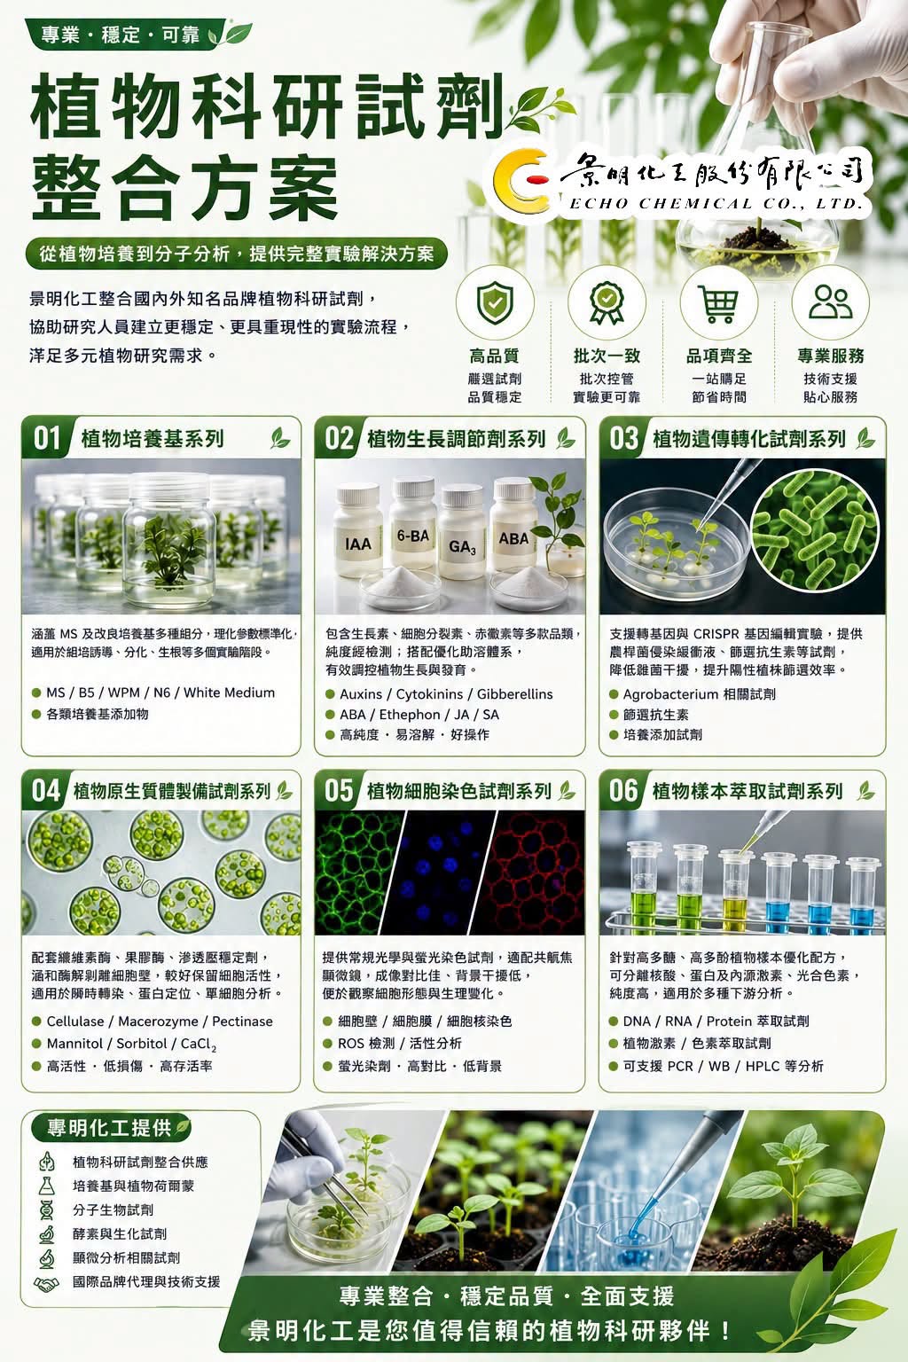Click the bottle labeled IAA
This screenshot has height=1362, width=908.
point(357,532)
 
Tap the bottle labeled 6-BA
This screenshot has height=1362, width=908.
point(413,526)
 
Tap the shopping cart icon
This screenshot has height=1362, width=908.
point(719,303)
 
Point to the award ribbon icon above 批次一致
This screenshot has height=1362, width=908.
point(607,303)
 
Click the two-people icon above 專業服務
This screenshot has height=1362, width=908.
point(831,302)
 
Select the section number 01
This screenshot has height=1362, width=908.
point(47,438)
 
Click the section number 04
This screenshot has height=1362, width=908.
point(46,791)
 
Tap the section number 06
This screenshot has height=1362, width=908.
point(623,791)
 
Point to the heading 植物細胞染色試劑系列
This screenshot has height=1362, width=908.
point(458,791)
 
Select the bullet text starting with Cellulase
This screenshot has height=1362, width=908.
point(160,1021)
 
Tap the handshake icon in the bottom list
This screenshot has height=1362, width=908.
point(46,1281)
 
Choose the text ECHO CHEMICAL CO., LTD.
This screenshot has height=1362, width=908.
point(716,203)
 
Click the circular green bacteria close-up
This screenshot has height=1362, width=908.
point(814,530)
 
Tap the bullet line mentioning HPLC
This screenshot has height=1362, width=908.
point(723,1066)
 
